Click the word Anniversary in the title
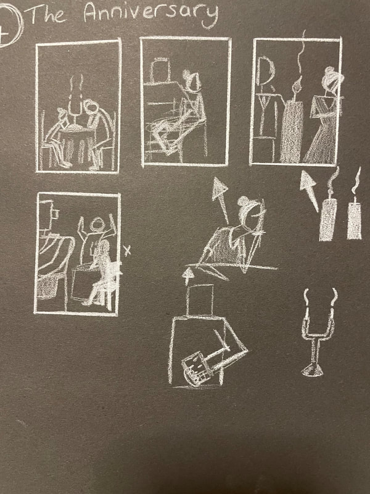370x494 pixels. (x=151, y=14)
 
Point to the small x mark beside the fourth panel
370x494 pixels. (x=127, y=251)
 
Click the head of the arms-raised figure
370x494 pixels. (x=97, y=224)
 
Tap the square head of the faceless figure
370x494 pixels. (x=199, y=299)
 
